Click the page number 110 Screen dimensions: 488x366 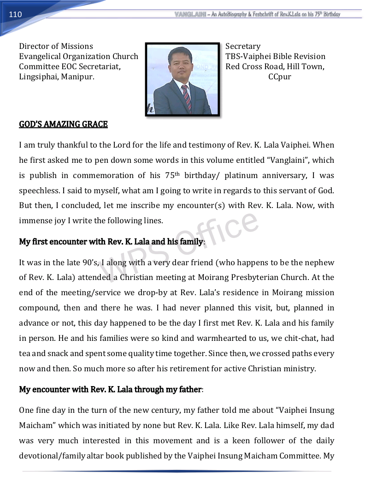coord(15,14)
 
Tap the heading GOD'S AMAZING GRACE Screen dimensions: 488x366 coord(63,124)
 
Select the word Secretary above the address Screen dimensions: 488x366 coord(243,46)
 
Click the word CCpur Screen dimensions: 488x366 coord(280,77)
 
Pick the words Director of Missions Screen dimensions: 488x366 coord(56,46)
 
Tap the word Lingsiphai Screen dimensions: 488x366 coord(38,77)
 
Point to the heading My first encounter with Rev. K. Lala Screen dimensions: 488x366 coord(111,242)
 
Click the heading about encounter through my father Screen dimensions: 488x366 coord(111,389)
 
